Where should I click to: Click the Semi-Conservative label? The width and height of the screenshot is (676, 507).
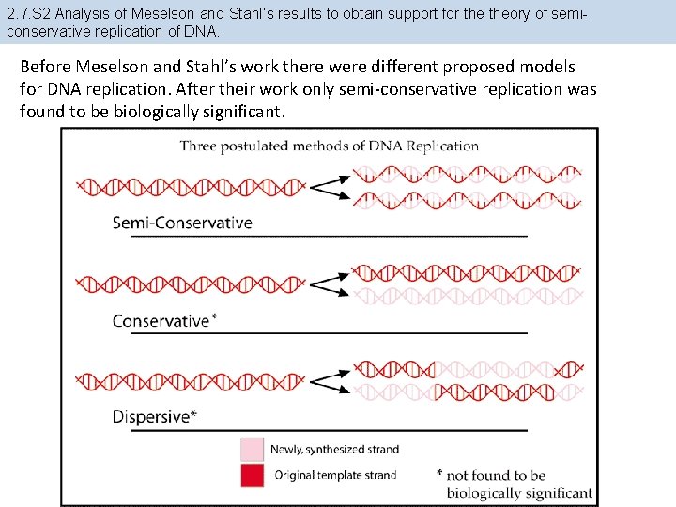(182, 223)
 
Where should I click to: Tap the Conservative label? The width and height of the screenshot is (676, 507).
(161, 321)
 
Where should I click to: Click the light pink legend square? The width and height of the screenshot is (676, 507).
(252, 449)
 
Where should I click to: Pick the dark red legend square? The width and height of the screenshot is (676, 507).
(252, 474)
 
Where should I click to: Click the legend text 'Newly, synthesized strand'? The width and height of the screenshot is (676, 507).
(335, 450)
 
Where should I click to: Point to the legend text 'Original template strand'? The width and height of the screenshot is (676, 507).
(335, 475)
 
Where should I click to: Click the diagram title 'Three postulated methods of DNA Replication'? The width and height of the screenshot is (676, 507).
(329, 146)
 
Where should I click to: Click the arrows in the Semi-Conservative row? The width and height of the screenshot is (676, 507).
(328, 186)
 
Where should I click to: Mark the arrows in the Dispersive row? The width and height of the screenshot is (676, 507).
(328, 380)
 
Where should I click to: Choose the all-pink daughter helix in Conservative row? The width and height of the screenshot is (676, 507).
(467, 296)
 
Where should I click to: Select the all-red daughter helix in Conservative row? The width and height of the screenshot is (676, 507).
(467, 272)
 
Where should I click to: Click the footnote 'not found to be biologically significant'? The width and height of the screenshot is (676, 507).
(518, 484)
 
